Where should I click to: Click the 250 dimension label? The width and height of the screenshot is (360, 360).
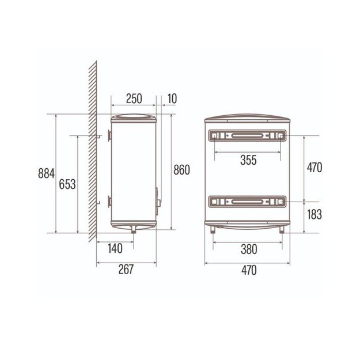coord(134,98)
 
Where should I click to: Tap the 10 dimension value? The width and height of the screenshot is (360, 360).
coord(172,98)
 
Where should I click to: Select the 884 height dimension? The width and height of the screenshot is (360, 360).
coord(47,173)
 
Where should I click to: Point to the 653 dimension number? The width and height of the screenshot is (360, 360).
coord(67,184)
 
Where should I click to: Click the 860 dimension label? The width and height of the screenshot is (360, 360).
coord(181,170)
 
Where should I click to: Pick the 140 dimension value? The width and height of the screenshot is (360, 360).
coord(115,248)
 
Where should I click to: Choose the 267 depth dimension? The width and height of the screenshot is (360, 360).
coord(126,270)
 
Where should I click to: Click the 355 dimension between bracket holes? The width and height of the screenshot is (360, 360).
coord(248,160)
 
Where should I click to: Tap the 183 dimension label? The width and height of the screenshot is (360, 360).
coord(314,214)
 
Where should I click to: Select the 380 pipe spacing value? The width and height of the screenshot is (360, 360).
coord(249,249)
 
